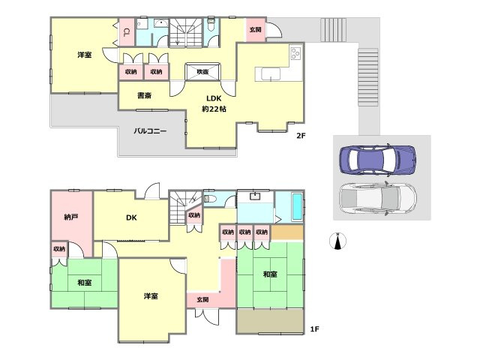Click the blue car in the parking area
[378, 159]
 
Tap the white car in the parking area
[378, 198]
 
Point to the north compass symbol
[337, 241]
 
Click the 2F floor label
[301, 135]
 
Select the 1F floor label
[314, 329]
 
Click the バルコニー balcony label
[150, 131]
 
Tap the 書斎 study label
[145, 95]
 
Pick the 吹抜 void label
[202, 72]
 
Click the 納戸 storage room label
[71, 217]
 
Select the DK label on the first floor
[131, 217]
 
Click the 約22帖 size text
[214, 109]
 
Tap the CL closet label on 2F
[126, 32]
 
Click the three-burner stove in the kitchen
[296, 53]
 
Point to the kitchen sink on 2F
[271, 73]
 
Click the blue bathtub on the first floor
[297, 206]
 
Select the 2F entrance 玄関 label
[255, 30]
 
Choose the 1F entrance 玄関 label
[202, 299]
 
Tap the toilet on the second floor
[211, 25]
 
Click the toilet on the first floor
[210, 199]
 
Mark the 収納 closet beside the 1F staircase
[194, 215]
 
